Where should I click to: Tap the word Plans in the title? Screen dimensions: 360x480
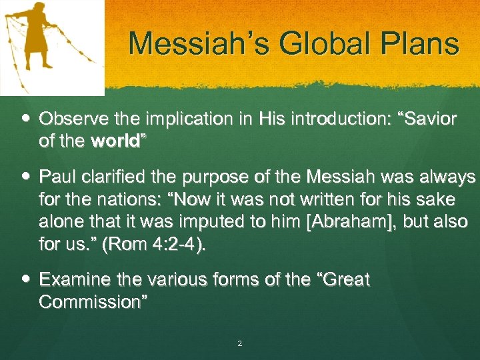421,45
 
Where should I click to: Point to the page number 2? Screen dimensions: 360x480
239,344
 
